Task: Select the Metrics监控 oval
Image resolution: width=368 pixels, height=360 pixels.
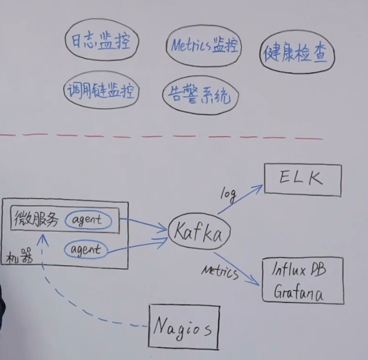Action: click(x=203, y=46)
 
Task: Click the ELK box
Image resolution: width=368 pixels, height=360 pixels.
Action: click(x=302, y=178)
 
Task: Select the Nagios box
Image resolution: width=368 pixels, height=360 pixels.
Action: click(x=184, y=327)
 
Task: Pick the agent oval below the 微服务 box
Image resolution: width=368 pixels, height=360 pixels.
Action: click(x=86, y=250)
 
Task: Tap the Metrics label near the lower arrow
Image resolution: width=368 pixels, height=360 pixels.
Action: click(x=219, y=271)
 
